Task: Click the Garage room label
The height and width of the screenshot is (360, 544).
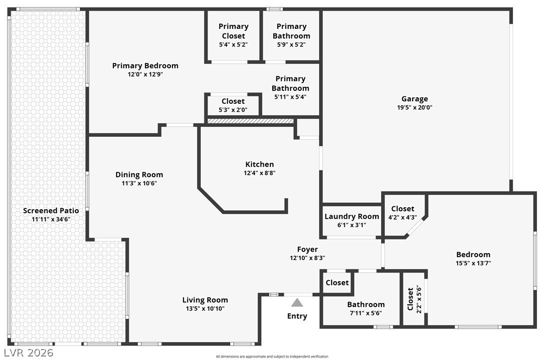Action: tap(415, 99)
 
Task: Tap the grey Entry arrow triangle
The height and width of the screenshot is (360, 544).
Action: tap(297, 303)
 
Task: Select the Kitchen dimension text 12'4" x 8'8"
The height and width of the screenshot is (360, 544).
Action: tap(259, 173)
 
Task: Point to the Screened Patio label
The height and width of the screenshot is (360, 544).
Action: tap(51, 211)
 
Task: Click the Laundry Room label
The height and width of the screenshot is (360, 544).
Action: tap(352, 216)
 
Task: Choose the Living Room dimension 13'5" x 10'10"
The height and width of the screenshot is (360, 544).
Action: tap(205, 309)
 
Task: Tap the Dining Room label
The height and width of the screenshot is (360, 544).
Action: tap(139, 175)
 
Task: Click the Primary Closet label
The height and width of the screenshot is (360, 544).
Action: tap(233, 31)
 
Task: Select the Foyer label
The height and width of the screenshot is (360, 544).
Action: tap(307, 249)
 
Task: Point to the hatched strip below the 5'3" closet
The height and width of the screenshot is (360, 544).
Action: tap(250, 121)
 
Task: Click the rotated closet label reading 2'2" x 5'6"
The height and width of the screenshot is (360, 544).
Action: tap(414, 299)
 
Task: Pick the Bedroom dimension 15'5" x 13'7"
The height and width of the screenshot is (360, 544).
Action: tap(473, 263)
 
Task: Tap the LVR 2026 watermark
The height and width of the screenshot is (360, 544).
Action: tap(28, 353)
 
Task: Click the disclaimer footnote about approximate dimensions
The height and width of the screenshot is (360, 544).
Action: tap(272, 357)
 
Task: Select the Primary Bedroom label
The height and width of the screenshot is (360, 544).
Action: tap(145, 66)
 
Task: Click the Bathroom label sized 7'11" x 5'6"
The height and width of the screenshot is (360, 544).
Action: tap(366, 305)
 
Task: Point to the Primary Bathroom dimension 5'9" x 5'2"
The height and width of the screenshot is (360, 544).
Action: tap(291, 45)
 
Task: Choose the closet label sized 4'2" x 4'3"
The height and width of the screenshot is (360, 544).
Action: tap(403, 209)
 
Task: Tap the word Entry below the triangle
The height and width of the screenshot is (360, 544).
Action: tap(297, 316)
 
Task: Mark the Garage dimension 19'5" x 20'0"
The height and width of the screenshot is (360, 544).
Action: tap(415, 107)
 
